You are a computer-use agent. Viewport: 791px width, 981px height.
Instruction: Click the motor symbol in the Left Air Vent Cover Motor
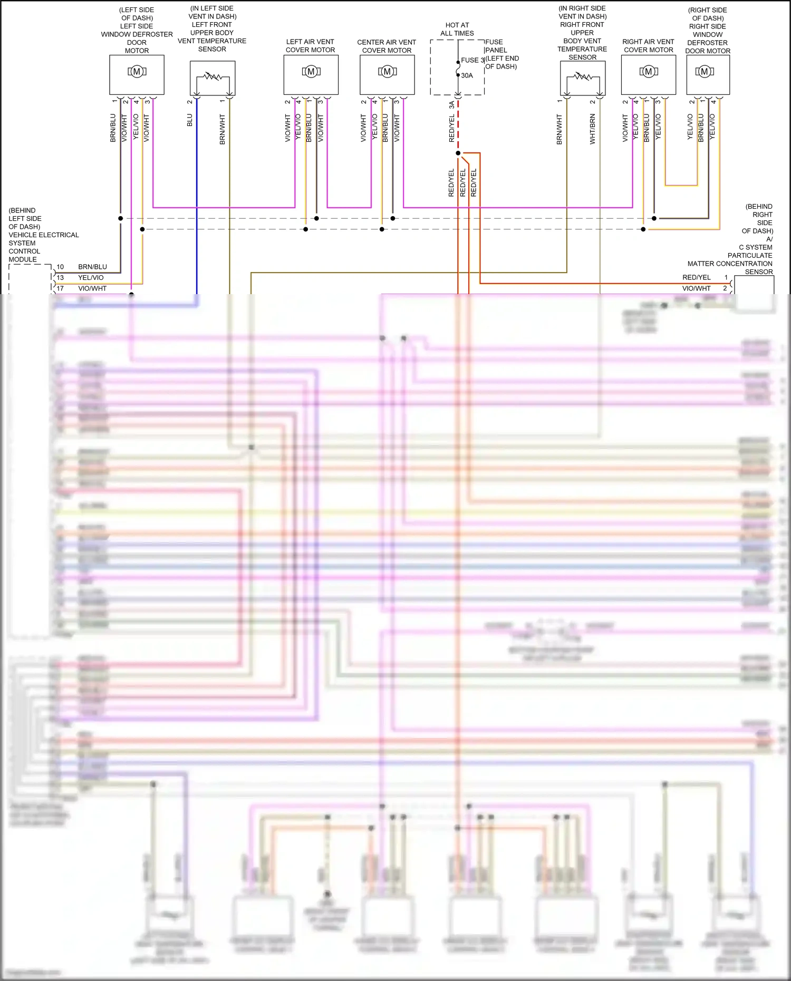click(x=311, y=71)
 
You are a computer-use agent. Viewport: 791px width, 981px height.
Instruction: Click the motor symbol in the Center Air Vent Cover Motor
click(x=387, y=71)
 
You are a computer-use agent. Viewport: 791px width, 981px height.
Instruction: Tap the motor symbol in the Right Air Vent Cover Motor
click(x=649, y=71)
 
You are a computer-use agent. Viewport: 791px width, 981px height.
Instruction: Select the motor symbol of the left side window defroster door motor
click(x=137, y=71)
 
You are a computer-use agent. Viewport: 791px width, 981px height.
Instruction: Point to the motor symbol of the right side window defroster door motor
click(x=705, y=71)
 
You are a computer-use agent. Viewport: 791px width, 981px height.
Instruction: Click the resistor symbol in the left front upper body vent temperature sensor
click(x=213, y=76)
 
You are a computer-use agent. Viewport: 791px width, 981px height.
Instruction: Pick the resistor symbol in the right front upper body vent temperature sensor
click(x=583, y=76)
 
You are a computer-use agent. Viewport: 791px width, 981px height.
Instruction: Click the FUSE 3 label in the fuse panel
click(x=472, y=60)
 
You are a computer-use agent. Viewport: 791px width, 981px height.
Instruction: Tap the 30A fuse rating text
click(x=467, y=75)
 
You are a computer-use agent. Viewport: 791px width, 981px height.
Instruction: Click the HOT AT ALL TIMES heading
click(x=457, y=29)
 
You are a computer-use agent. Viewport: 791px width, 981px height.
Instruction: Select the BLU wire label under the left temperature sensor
click(x=190, y=120)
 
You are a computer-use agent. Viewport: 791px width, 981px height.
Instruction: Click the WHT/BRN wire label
click(x=592, y=129)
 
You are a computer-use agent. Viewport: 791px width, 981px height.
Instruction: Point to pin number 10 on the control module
click(x=60, y=267)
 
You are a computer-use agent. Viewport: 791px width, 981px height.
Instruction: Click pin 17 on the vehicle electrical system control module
click(x=60, y=288)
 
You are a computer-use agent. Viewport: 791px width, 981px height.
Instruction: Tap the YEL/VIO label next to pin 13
click(x=91, y=277)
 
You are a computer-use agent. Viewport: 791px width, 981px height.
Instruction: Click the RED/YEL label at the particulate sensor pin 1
click(x=696, y=277)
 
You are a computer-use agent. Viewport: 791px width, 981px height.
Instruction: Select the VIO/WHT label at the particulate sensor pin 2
click(x=696, y=288)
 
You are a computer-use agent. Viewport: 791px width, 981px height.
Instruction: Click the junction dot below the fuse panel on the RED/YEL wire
click(x=458, y=153)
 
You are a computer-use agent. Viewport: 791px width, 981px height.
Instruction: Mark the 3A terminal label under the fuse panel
click(x=451, y=105)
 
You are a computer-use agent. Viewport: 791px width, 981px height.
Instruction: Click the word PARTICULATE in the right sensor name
click(x=750, y=255)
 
